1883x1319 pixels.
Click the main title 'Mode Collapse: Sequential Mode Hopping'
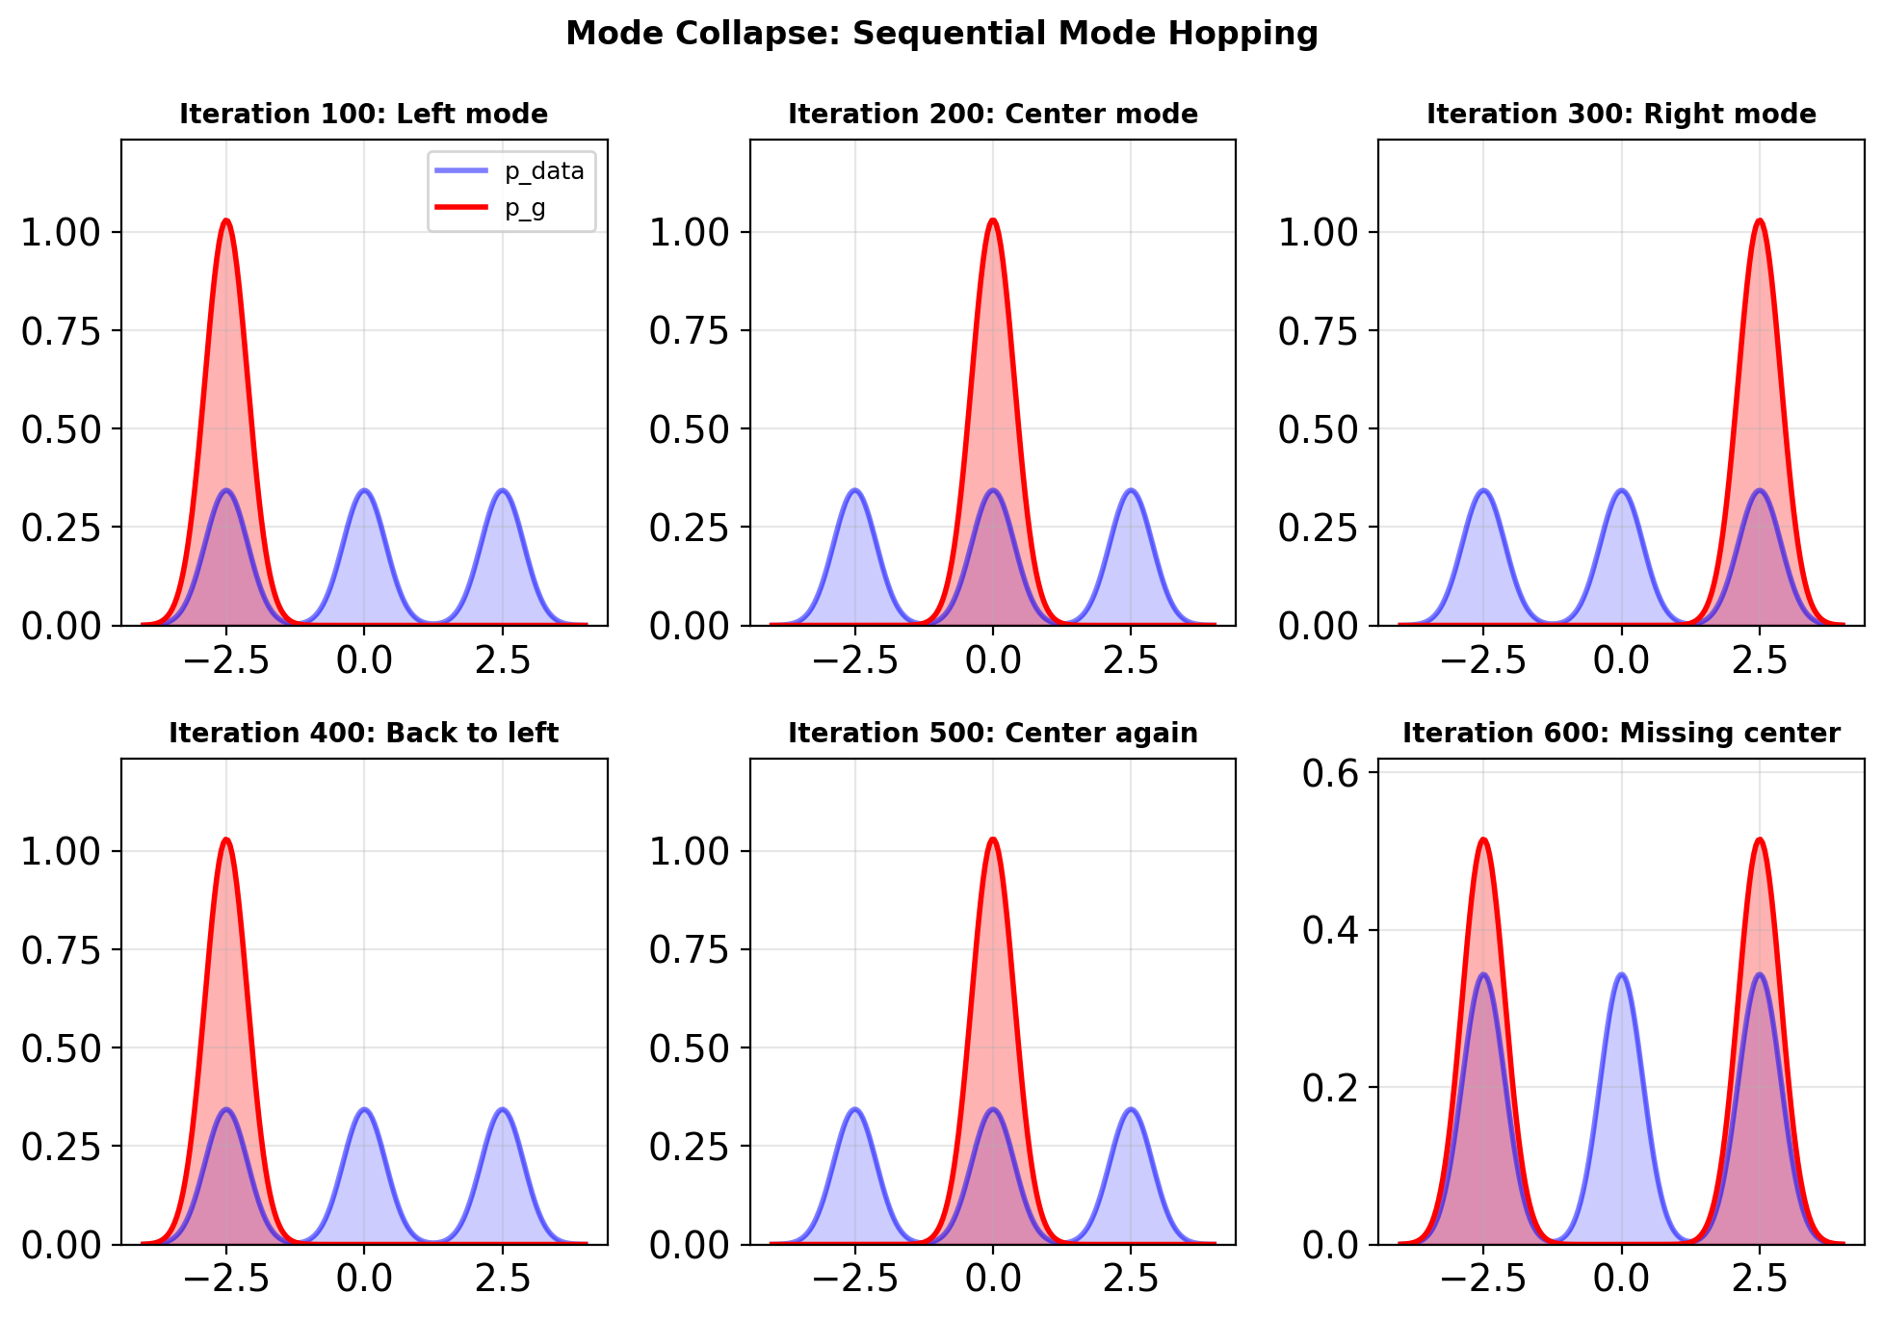click(941, 34)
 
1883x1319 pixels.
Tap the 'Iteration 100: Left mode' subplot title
click(363, 115)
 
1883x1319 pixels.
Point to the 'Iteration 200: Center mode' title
click(992, 115)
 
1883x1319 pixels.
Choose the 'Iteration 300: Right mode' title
click(1621, 115)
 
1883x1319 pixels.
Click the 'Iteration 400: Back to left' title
click(363, 734)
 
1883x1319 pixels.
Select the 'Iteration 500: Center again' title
click(992, 734)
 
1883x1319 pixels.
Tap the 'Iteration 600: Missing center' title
click(1621, 734)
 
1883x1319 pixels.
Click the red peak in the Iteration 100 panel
click(226, 221)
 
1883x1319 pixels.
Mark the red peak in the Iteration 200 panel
click(993, 221)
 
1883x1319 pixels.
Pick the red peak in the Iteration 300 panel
click(1760, 221)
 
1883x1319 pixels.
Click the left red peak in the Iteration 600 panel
click(1483, 841)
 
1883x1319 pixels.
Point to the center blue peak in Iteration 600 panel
click(1622, 975)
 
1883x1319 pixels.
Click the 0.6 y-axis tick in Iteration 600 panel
click(1329, 773)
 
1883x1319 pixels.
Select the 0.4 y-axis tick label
click(1329, 930)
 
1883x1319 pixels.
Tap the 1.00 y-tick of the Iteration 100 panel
click(60, 232)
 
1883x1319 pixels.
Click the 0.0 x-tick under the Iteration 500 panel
click(993, 1279)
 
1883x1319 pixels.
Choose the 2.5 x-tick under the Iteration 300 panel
click(1760, 660)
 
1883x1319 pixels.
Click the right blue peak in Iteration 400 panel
click(503, 1110)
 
